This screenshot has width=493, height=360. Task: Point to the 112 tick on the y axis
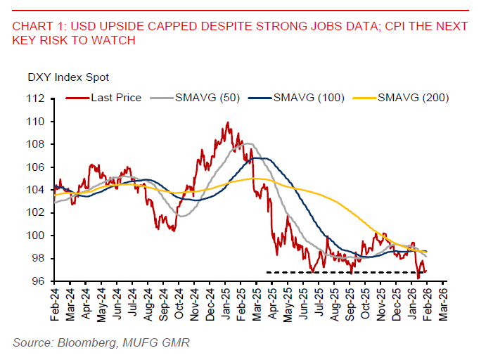[37, 99]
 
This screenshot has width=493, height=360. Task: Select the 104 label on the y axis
[37, 190]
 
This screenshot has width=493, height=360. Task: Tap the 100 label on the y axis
[37, 236]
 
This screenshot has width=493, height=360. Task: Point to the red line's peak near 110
[227, 123]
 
